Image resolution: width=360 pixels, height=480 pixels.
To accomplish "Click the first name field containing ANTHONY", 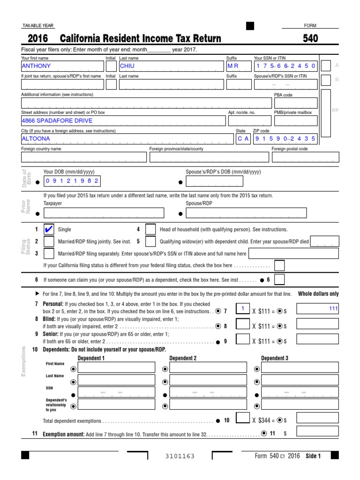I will pyautogui.click(x=62, y=66).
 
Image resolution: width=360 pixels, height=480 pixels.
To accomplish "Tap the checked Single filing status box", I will pyautogui.click(x=48, y=230).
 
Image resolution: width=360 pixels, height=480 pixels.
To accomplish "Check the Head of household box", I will pyautogui.click(x=150, y=230).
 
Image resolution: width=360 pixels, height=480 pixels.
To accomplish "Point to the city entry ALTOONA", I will pyautogui.click(x=127, y=139).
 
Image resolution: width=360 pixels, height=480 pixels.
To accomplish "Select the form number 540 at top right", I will pyautogui.click(x=310, y=38).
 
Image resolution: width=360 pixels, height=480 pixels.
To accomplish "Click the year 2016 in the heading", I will pyautogui.click(x=38, y=38).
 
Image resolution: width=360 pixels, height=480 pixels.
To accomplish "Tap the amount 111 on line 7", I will pyautogui.click(x=318, y=309).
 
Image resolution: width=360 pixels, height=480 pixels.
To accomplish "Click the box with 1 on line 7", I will pyautogui.click(x=243, y=308).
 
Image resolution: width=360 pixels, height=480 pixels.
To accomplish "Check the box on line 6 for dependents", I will pyautogui.click(x=279, y=280).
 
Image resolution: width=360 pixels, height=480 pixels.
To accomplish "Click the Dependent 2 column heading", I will pyautogui.click(x=183, y=358).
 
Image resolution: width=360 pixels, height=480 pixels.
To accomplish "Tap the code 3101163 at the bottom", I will pyautogui.click(x=180, y=456).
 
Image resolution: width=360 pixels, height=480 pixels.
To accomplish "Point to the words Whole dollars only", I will pyautogui.click(x=318, y=294).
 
